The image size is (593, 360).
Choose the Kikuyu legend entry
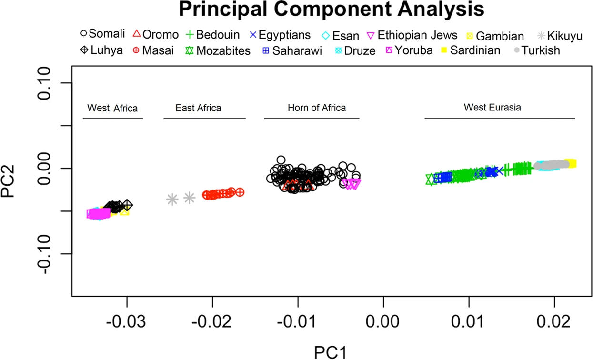564,35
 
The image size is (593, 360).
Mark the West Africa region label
112,109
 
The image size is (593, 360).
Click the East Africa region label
198,108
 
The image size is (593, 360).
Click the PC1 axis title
330,351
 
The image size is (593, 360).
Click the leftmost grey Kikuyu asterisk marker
172,199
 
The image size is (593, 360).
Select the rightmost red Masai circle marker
240,191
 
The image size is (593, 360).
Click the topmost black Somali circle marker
281,160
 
